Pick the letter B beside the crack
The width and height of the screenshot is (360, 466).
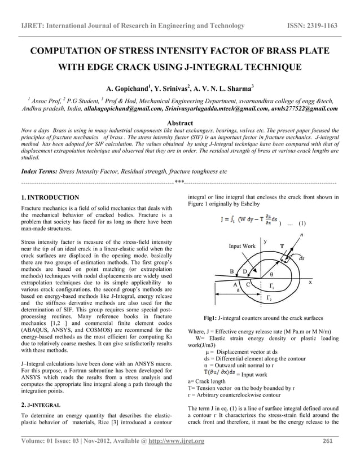231,271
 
